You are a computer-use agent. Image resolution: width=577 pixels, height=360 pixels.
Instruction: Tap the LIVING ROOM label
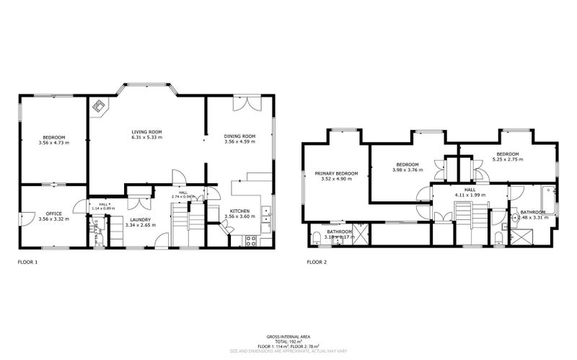[146, 131]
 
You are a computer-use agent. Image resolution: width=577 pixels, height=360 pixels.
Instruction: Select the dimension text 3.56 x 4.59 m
[239, 141]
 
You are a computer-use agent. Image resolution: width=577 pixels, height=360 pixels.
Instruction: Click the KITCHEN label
[239, 211]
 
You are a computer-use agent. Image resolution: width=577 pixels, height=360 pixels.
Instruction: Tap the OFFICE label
[53, 213]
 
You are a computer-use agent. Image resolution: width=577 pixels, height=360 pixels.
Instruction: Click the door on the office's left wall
[23, 216]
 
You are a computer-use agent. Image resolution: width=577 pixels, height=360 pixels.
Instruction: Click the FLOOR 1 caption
[27, 263]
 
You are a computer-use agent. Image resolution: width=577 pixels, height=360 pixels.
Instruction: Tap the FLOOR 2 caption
[317, 263]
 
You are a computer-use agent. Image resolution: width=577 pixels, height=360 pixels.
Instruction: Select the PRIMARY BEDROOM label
[336, 173]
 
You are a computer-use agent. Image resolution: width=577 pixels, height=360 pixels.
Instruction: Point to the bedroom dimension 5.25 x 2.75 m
[507, 159]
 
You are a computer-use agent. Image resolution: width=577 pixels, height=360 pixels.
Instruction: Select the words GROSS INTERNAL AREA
[288, 337]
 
